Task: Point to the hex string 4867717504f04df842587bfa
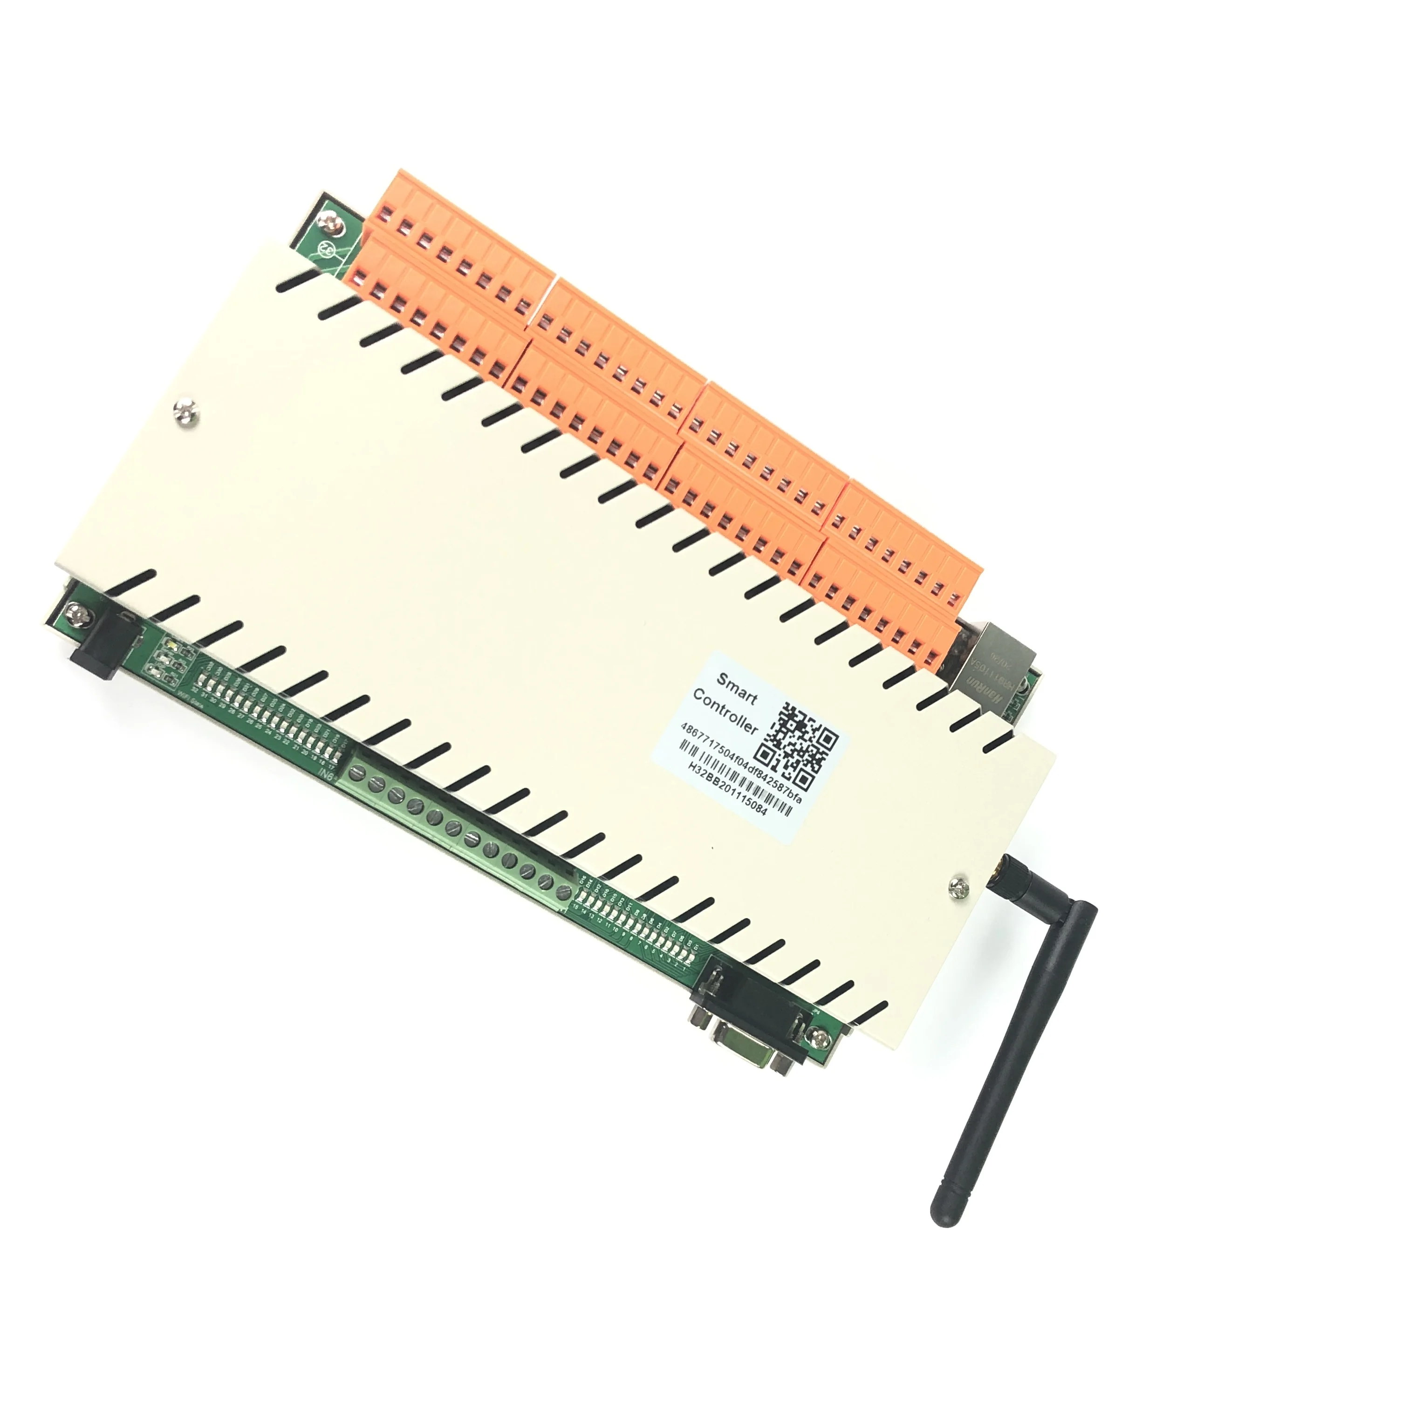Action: coord(740,763)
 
